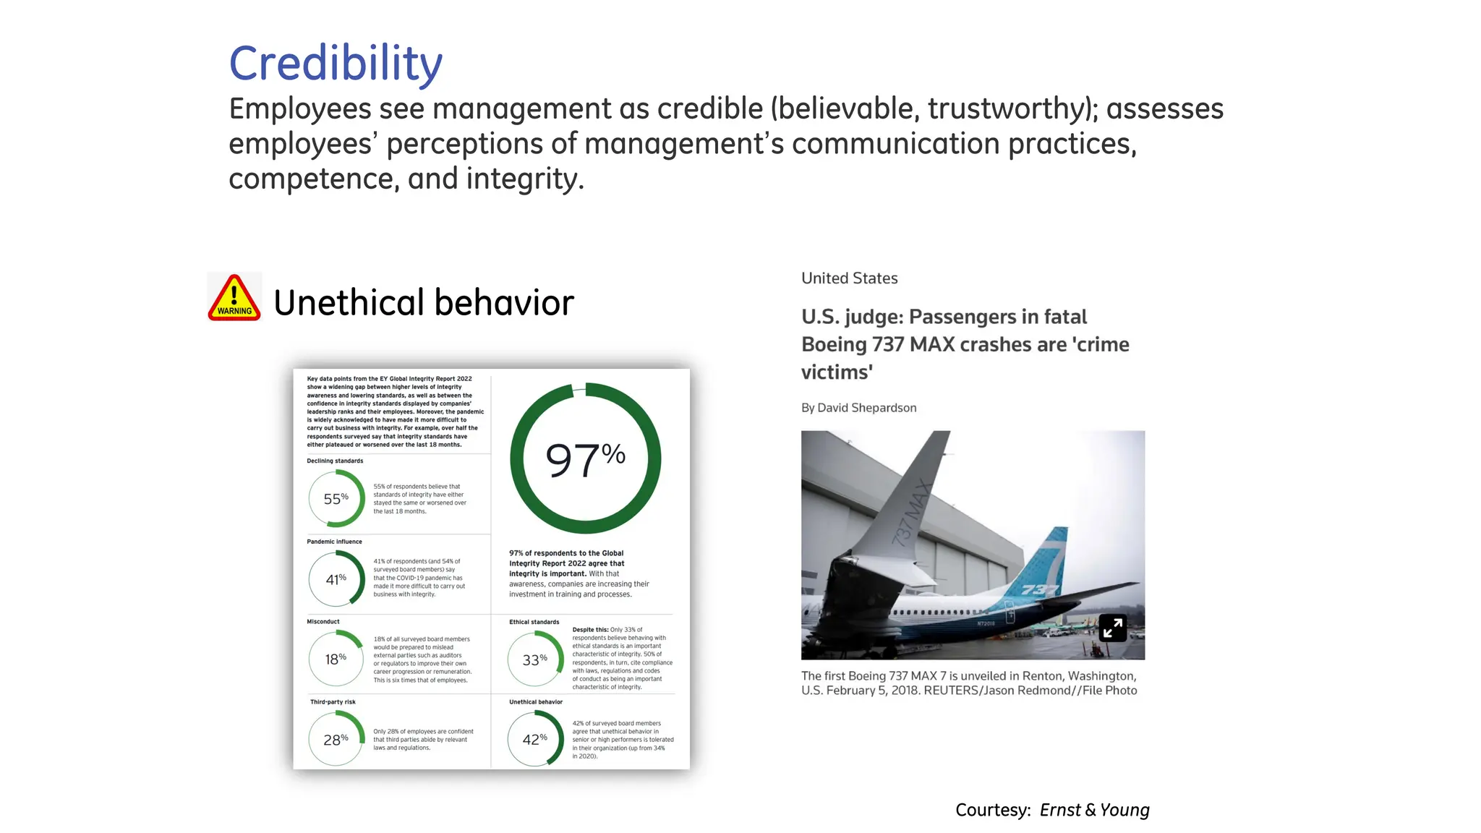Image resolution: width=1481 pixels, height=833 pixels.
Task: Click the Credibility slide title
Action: click(x=336, y=64)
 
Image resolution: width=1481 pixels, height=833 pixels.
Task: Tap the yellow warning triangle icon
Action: click(x=234, y=298)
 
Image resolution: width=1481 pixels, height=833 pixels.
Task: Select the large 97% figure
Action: click(x=585, y=458)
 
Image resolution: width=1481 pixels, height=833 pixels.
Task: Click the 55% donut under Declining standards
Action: click(x=336, y=498)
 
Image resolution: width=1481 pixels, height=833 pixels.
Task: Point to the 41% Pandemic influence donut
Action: click(x=336, y=578)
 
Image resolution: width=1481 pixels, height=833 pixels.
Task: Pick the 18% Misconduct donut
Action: click(x=336, y=659)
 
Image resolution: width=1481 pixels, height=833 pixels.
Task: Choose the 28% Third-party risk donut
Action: click(x=336, y=739)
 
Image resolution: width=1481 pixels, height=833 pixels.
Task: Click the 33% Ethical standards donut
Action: click(x=535, y=659)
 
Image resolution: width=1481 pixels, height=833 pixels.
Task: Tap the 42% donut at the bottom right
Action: click(x=535, y=739)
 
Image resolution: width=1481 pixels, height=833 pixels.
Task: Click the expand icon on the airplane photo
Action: click(x=1113, y=628)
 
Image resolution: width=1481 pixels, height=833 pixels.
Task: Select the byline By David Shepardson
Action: click(x=858, y=408)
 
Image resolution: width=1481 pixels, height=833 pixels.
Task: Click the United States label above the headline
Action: click(x=849, y=278)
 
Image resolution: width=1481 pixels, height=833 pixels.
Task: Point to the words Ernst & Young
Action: click(x=1094, y=810)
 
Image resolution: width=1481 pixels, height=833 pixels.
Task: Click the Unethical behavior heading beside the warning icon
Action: click(x=424, y=302)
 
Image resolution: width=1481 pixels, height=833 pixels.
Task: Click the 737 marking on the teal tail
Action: click(x=1040, y=590)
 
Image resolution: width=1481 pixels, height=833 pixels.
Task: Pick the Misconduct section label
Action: click(x=323, y=622)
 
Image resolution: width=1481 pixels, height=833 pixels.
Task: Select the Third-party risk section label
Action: click(x=333, y=702)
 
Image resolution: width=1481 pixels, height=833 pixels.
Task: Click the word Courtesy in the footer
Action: click(x=992, y=810)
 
